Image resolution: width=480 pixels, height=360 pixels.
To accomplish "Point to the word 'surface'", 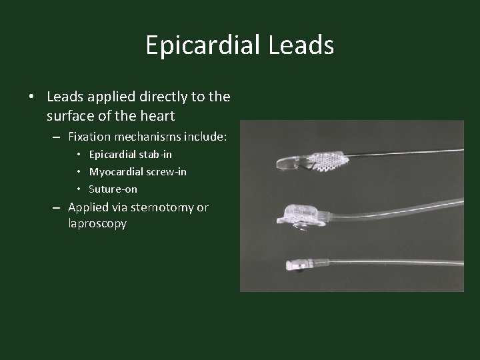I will coord(69,116).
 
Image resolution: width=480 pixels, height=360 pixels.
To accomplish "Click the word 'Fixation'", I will coord(89,137).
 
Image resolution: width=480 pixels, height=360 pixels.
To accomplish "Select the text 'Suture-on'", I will coord(113,189).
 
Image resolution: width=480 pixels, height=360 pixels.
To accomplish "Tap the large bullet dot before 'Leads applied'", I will coord(31,97).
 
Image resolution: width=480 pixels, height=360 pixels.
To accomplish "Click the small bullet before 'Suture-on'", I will coord(80,189).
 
